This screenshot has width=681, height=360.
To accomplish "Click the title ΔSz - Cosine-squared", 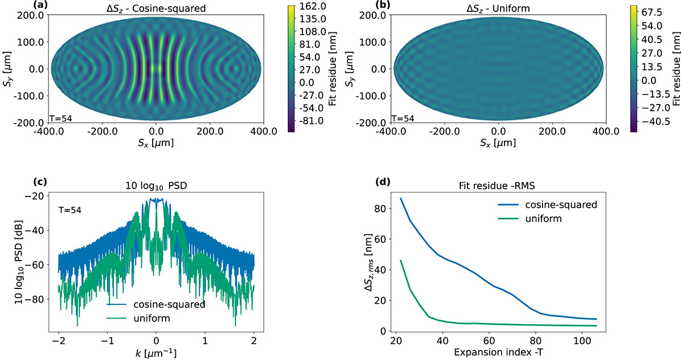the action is pos(156,9).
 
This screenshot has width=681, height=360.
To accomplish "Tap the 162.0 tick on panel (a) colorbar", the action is pos(313,6).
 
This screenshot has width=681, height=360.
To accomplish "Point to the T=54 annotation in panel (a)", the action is pos(61,118).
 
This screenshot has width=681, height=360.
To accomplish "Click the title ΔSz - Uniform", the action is pos(498,9).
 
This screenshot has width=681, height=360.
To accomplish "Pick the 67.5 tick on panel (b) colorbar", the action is pos(651,12).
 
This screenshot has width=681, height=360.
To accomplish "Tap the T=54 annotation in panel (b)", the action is pos(403,118).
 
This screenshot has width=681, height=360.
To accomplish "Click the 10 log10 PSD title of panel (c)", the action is pos(156,186).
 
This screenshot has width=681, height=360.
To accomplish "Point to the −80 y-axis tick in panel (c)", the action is pos(36,299).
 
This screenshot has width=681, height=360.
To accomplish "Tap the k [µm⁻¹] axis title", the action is pos(156,353).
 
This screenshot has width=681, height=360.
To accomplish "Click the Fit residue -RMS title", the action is pos(497,186).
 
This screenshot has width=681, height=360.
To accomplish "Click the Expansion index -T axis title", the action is pos(498,353).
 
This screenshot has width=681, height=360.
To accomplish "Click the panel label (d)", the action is pos(383,182).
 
